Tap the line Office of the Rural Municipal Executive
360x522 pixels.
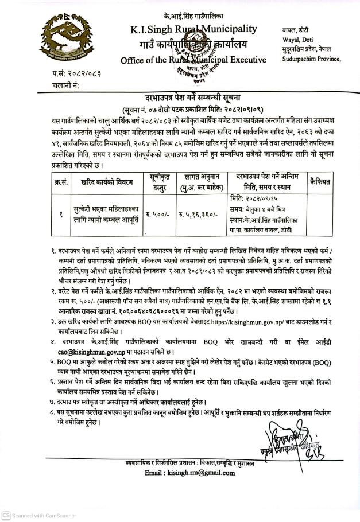[x=193, y=60]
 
